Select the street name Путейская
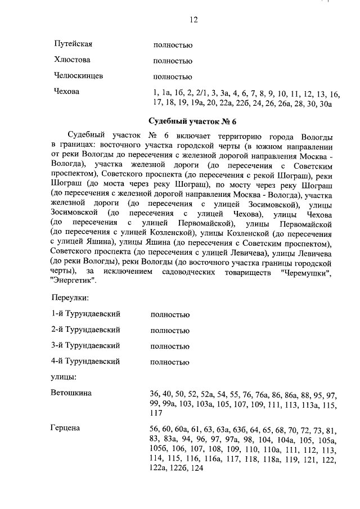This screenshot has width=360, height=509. (x=73, y=44)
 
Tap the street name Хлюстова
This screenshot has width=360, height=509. (x=72, y=60)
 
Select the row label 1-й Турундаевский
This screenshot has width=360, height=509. (x=85, y=314)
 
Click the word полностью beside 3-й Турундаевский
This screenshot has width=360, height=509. (x=170, y=346)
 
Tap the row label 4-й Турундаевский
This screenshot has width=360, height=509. (x=85, y=361)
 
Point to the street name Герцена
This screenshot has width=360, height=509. (x=65, y=429)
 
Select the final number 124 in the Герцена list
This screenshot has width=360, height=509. (x=197, y=468)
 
